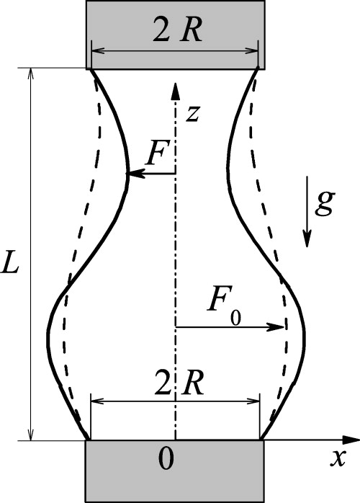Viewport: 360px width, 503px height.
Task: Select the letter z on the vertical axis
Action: (x=190, y=113)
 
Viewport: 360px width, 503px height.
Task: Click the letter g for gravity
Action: (x=324, y=205)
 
